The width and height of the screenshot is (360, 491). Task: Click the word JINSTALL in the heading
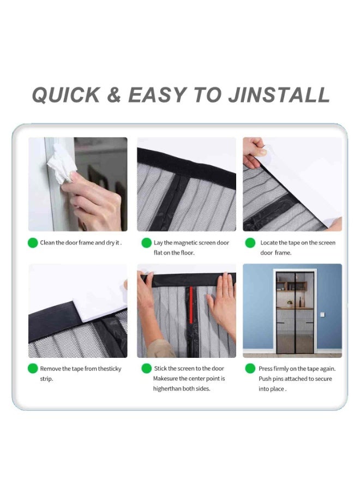(279, 95)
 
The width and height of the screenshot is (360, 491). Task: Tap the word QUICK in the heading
(66, 95)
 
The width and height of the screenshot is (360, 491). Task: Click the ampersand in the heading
(114, 95)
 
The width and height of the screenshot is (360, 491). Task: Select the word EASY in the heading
(157, 95)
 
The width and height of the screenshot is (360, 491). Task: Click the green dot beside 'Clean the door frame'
(33, 243)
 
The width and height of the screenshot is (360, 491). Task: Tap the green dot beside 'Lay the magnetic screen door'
(147, 243)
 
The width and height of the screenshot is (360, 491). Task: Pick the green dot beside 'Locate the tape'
(250, 243)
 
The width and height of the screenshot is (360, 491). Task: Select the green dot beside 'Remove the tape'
(33, 369)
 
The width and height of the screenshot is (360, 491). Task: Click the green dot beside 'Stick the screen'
(147, 369)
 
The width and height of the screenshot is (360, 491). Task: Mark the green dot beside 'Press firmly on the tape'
(250, 369)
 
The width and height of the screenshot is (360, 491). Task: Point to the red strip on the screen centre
(191, 304)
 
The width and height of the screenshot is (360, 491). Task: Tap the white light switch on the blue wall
(322, 314)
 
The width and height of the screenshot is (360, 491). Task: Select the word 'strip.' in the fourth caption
(47, 379)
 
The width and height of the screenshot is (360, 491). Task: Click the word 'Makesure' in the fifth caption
(165, 379)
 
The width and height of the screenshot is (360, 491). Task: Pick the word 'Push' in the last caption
(265, 379)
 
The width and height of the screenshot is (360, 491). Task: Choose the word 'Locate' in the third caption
(269, 243)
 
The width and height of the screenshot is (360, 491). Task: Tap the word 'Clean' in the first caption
(47, 243)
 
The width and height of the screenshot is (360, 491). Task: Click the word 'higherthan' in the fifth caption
(167, 388)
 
